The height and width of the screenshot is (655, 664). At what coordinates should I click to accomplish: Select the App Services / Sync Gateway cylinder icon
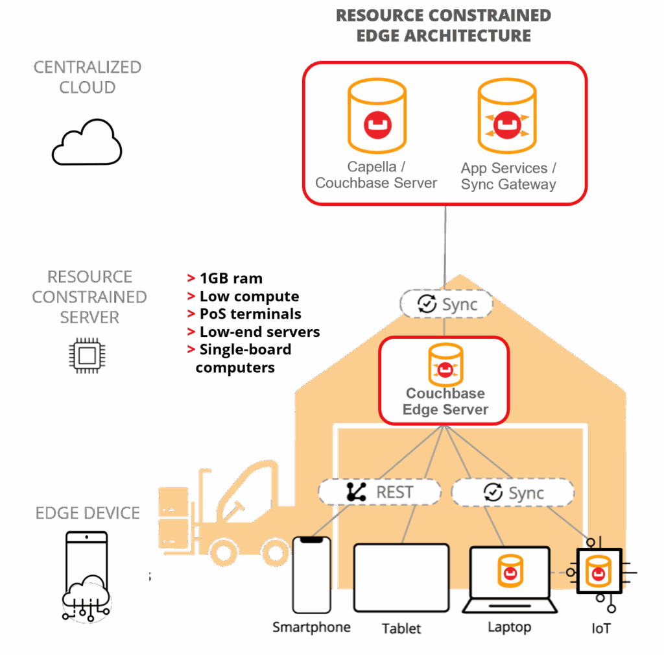(508, 117)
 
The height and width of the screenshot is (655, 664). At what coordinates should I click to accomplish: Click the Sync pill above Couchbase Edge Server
(446, 304)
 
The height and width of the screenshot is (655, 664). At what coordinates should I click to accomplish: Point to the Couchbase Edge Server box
(444, 379)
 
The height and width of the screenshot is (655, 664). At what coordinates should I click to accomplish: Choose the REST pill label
(379, 492)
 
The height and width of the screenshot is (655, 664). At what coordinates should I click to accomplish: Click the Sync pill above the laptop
(512, 493)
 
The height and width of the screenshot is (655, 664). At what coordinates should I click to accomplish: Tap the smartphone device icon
(311, 575)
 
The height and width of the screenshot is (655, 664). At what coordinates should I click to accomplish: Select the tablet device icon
(401, 578)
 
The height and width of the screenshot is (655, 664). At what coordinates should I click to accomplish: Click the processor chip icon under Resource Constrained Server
(87, 355)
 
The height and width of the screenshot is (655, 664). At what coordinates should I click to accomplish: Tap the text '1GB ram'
(231, 279)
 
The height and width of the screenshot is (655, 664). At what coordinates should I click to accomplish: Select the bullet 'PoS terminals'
(250, 314)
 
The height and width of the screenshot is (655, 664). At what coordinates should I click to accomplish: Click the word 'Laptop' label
(509, 627)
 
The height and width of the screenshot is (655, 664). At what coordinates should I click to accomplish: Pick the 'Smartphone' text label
(311, 627)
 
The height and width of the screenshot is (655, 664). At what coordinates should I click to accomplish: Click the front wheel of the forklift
(277, 552)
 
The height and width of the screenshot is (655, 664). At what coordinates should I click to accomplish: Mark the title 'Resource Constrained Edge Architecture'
(444, 25)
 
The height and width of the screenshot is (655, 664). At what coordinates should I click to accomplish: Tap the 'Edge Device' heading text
(88, 513)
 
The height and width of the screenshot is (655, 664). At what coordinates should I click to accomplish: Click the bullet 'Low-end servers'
(259, 332)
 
